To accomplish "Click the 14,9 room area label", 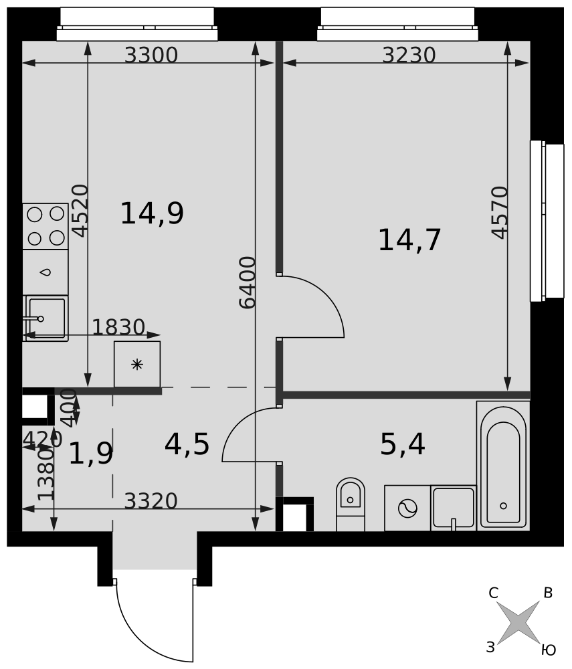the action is (152, 213).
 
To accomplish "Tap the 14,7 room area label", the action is (409, 240).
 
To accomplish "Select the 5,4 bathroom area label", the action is (402, 444).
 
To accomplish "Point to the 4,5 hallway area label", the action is (187, 444).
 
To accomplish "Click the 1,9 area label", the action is (91, 453).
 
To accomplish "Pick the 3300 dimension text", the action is (151, 55).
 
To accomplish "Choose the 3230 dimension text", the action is (409, 55).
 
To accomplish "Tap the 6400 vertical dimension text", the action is (248, 282).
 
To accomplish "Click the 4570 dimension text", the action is (500, 213).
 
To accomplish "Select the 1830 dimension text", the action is (118, 327).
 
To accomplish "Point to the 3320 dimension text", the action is (151, 501).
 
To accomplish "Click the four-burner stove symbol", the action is (45, 226).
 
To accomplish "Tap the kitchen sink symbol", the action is (45, 318).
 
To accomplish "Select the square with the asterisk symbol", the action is (137, 365).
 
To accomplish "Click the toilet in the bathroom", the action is (350, 504).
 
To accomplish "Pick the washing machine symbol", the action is (407, 508).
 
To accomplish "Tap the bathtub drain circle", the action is (503, 506).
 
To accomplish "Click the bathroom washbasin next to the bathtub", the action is (454, 508).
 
